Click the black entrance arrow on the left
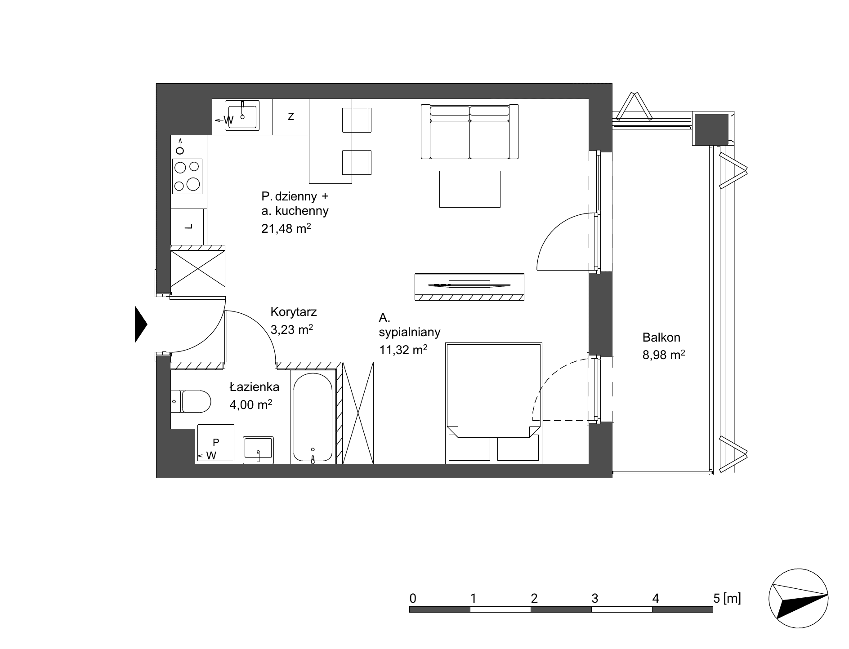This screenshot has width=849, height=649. pyautogui.click(x=141, y=324)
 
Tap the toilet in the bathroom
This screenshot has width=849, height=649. pyautogui.click(x=191, y=401)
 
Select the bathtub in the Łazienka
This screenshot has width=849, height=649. pyautogui.click(x=313, y=416)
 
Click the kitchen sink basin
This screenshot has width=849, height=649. pyautogui.click(x=242, y=117)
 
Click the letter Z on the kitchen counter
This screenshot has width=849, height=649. pyautogui.click(x=291, y=117)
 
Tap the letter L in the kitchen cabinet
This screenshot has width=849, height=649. pyautogui.click(x=189, y=227)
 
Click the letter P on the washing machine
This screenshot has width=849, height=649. pyautogui.click(x=216, y=442)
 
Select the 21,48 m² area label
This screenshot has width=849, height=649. pyautogui.click(x=286, y=228)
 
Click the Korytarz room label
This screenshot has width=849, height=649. pyautogui.click(x=294, y=312)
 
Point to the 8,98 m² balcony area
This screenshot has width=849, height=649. pyautogui.click(x=664, y=355)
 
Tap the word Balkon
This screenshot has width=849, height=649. pyautogui.click(x=661, y=337)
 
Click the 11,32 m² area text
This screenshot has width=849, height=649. pyautogui.click(x=403, y=350)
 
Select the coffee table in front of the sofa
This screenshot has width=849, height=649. pyautogui.click(x=470, y=189)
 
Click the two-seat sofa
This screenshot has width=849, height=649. pyautogui.click(x=470, y=132)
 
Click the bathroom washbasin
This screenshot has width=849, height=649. pyautogui.click(x=258, y=449)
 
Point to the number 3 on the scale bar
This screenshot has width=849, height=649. pyautogui.click(x=595, y=599)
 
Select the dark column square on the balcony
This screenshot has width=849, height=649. pyautogui.click(x=711, y=129)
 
